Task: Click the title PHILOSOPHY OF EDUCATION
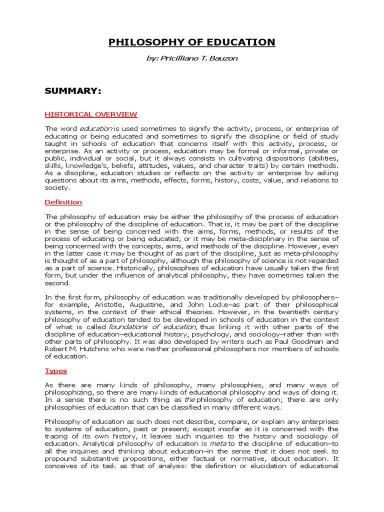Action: point(192,42)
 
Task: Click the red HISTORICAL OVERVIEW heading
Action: point(91,114)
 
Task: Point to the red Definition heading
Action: point(63,202)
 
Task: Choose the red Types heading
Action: point(56,370)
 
